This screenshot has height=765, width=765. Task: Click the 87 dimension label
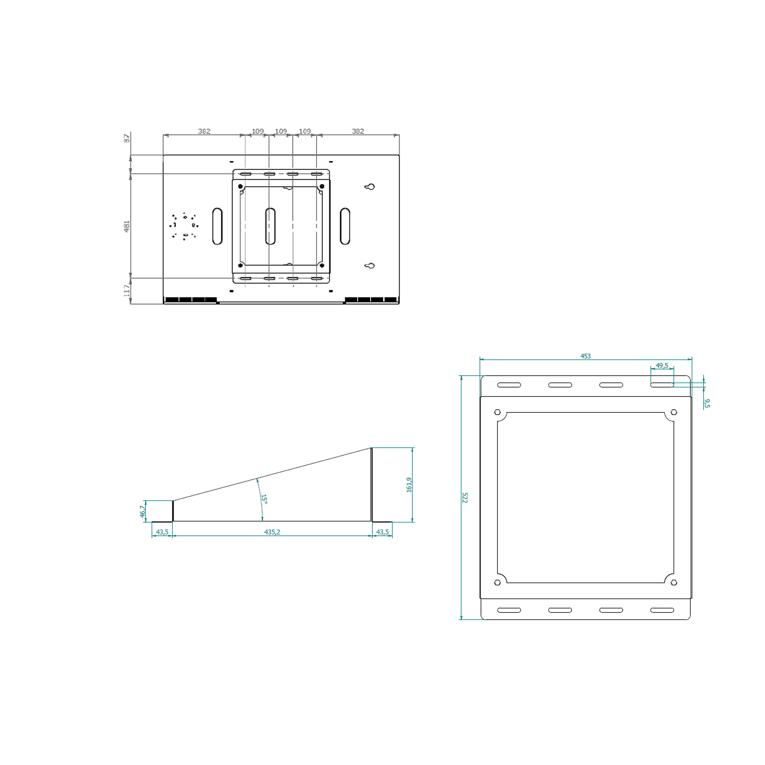(127, 138)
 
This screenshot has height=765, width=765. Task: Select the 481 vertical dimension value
(127, 226)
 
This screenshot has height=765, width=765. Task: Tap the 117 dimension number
(127, 290)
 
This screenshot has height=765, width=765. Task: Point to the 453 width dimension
(585, 356)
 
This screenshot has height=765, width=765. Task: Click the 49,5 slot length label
(662, 366)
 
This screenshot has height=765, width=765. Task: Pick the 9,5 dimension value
(707, 404)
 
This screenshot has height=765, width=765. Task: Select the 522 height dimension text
(464, 498)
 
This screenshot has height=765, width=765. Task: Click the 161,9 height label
(409, 485)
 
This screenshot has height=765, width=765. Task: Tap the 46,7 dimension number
(142, 511)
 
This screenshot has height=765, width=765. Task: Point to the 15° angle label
(264, 499)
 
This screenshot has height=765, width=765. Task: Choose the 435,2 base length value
(272, 532)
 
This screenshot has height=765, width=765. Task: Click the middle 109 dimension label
(281, 131)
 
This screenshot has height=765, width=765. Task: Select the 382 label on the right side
(358, 131)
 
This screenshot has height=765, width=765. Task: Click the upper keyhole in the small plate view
(369, 187)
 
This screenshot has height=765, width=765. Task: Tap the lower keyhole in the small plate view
(369, 266)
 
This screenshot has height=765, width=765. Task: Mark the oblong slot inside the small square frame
(270, 226)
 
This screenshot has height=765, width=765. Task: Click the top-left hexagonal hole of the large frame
(498, 412)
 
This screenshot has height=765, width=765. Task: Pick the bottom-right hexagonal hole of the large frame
(674, 583)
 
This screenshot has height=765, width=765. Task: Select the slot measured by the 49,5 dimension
(662, 385)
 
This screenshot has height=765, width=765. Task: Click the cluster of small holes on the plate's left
(184, 227)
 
